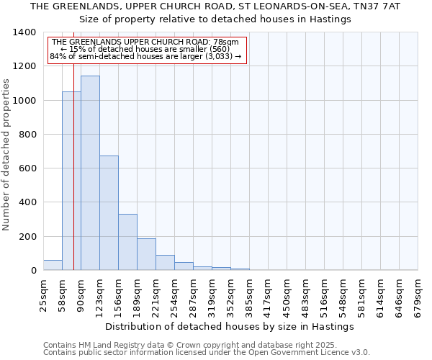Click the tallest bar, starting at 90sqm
click(90, 173)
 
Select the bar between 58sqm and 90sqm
click(71, 181)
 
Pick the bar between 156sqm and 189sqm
click(127, 242)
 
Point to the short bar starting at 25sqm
click(53, 265)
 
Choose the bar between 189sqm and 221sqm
click(146, 254)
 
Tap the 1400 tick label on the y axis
click(24, 32)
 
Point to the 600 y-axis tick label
click(27, 168)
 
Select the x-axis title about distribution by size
click(230, 327)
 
